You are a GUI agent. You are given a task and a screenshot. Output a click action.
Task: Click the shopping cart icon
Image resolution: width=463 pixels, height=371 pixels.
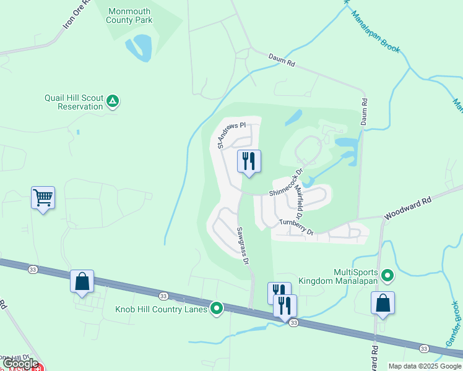click(x=43, y=198)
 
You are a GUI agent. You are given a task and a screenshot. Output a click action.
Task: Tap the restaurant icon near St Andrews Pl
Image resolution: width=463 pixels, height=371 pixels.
click(x=249, y=161)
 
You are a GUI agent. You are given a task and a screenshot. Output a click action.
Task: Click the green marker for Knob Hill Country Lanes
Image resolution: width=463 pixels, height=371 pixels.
click(x=216, y=307)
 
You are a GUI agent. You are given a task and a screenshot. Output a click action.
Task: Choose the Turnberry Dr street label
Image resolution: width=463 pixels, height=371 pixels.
click(x=296, y=227)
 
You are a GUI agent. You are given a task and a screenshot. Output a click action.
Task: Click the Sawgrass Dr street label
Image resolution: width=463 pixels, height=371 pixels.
click(x=242, y=245)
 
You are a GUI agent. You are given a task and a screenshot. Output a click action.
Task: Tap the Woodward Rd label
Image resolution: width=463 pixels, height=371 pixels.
click(x=407, y=210)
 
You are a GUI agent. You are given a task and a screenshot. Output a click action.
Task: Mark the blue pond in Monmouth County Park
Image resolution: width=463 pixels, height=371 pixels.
click(x=140, y=48)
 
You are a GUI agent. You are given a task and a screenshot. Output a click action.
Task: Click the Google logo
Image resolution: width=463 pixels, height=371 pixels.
click(x=20, y=364)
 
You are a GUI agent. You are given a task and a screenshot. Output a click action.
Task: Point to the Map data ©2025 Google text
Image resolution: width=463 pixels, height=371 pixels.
click(x=425, y=366)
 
